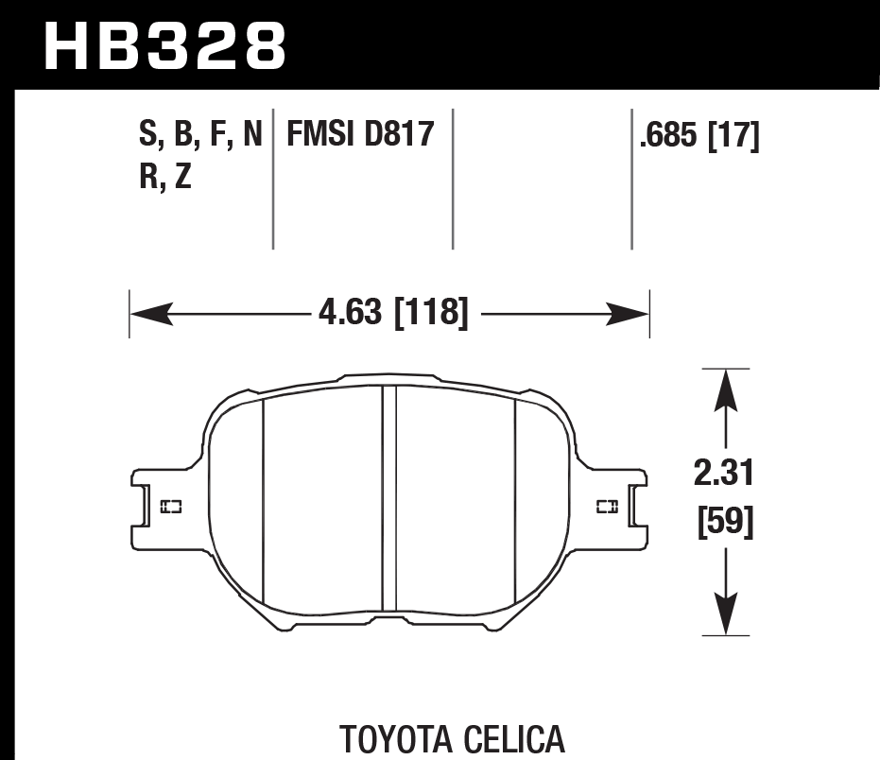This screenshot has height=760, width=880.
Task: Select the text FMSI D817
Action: point(359,135)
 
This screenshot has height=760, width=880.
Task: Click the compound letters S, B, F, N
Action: point(200,135)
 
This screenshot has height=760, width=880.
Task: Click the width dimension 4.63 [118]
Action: point(391,313)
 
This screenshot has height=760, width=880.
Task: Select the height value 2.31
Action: point(724,473)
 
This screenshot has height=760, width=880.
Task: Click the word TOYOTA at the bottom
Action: point(391,739)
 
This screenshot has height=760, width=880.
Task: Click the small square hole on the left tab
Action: point(171,507)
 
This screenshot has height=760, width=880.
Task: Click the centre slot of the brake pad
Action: point(388,501)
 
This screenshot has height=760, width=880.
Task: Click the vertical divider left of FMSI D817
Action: point(273,180)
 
